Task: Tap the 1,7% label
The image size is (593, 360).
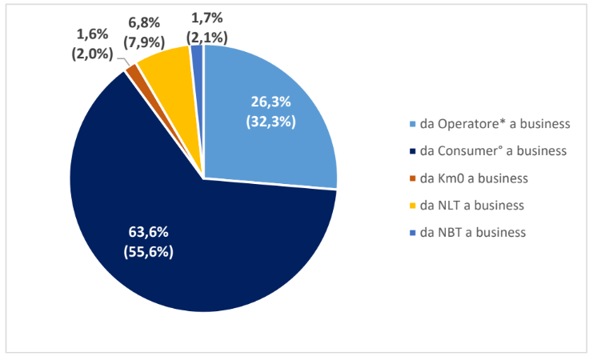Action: (210, 16)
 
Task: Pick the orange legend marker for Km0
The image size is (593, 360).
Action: (412, 178)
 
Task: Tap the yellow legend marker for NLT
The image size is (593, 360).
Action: (412, 205)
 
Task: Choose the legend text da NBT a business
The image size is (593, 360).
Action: (472, 232)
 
